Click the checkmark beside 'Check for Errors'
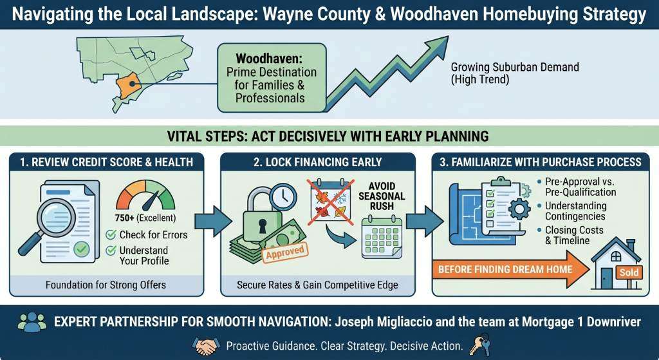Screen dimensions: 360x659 (x=111, y=235)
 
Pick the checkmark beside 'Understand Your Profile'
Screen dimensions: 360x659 (x=111, y=250)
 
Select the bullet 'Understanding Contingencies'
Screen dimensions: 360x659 (x=572, y=210)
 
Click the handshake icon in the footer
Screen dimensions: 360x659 (x=207, y=346)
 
